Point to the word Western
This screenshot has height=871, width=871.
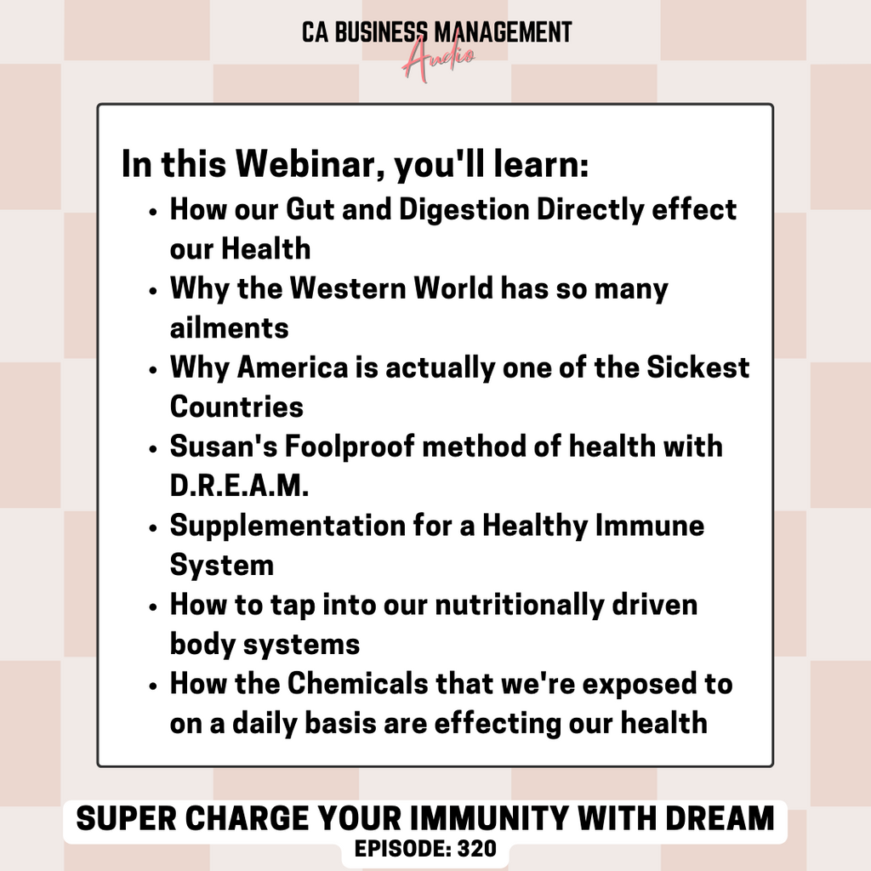click(348, 288)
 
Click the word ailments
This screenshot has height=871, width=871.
click(230, 327)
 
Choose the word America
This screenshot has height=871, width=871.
click(293, 367)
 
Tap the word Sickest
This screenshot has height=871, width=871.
click(697, 367)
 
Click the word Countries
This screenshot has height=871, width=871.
click(236, 407)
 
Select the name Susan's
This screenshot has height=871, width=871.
click(224, 447)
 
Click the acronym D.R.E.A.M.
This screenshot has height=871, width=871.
click(239, 486)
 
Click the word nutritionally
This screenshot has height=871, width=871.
click(519, 606)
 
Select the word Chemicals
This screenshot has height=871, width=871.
click(358, 683)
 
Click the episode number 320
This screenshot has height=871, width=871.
click(476, 849)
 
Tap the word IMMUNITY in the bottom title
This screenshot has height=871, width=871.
click(489, 819)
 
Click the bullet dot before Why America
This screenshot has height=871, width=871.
click(153, 369)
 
